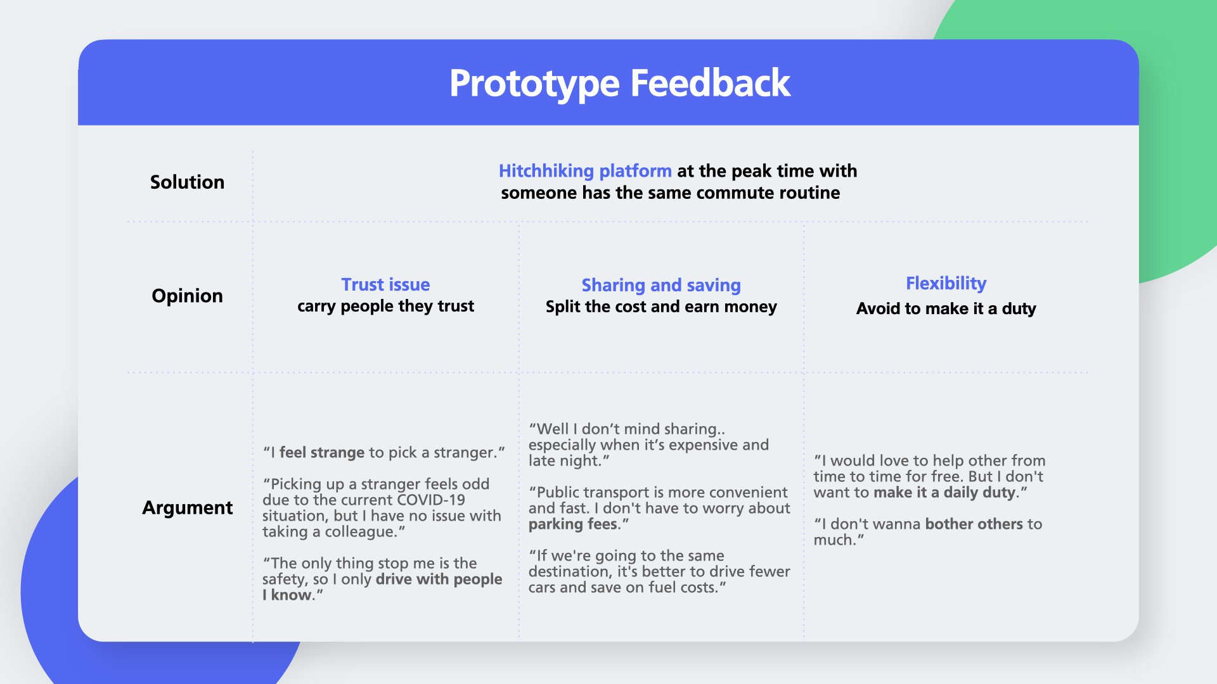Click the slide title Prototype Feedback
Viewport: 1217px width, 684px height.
619,84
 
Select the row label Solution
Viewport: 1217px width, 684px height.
187,182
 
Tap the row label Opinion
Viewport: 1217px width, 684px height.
187,296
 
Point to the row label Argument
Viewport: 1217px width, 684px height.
187,508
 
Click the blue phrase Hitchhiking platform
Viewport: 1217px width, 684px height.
585,171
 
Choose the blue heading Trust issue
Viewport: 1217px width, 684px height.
385,284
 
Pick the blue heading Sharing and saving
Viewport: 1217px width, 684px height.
661,286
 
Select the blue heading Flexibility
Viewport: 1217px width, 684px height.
946,283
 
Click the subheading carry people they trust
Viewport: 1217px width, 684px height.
385,306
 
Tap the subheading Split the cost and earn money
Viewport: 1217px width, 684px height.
661,307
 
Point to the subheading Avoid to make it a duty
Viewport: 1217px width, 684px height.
946,308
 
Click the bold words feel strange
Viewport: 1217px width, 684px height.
322,453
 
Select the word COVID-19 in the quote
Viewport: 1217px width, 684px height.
431,500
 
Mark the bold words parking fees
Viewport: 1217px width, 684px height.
573,524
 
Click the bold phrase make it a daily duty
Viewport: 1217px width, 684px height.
944,493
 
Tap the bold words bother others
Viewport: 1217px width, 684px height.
974,524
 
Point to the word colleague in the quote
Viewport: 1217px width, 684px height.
360,532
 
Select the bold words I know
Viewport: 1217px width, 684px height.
287,595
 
